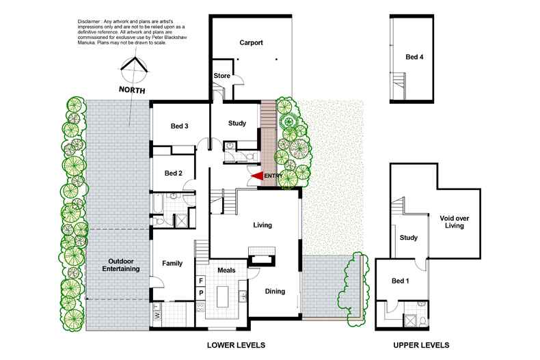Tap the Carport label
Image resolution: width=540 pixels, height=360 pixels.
pyautogui.click(x=251, y=42)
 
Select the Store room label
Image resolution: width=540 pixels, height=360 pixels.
pyautogui.click(x=221, y=76)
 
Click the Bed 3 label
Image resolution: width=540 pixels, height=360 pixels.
pyautogui.click(x=179, y=126)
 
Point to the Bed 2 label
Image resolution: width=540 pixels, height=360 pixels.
pyautogui.click(x=173, y=174)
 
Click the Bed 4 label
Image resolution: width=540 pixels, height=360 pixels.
pyautogui.click(x=414, y=57)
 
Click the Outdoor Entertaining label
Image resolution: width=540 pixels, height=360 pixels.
pyautogui.click(x=120, y=265)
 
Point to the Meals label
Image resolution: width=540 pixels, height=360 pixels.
pyautogui.click(x=226, y=271)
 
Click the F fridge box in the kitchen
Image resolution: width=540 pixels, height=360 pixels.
pyautogui.click(x=201, y=281)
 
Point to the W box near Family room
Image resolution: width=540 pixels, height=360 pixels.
pyautogui.click(x=157, y=315)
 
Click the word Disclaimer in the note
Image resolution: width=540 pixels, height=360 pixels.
pyautogui.click(x=75, y=22)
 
